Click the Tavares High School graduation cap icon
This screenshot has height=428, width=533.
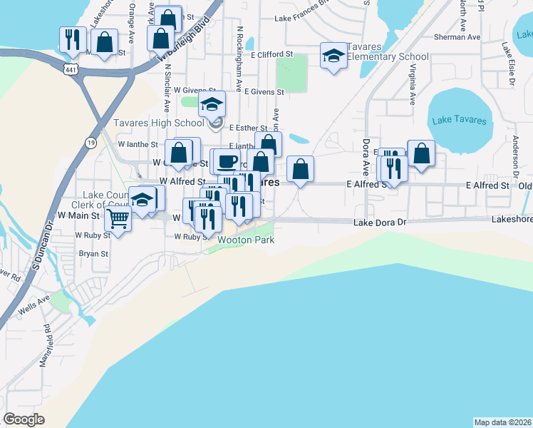tap(212, 104)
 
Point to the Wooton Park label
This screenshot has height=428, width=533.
tap(246, 240)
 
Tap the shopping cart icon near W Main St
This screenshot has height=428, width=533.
tap(118, 218)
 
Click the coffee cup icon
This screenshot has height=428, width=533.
tap(227, 161)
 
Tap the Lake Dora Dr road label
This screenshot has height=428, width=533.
tap(379, 223)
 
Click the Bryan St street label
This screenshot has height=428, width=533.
tap(93, 253)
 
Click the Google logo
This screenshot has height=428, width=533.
tap(24, 419)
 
